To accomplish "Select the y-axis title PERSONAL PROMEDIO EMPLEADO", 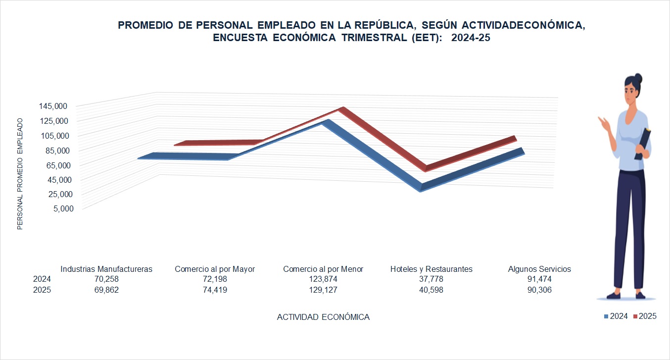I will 20,174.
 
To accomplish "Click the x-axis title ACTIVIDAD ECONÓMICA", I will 323,317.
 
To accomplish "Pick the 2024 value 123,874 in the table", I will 323,279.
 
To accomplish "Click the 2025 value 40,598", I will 431,290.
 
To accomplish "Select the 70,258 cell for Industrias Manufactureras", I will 106,279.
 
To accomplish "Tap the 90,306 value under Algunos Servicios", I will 539,290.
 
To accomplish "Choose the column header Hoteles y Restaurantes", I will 431,269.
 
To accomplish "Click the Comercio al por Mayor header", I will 215,269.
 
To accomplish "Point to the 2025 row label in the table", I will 42,290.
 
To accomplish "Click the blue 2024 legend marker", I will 606,316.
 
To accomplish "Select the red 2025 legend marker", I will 635,316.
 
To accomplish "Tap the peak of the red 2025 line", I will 341,109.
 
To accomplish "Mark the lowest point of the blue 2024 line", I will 421,189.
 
